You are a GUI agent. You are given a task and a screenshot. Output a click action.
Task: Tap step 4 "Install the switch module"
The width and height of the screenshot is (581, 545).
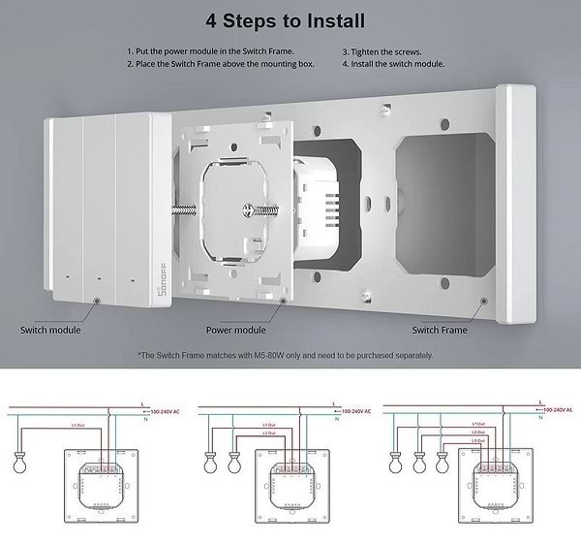(393, 64)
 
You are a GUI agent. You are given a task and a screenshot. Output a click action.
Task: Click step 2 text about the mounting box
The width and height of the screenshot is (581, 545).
(226, 64)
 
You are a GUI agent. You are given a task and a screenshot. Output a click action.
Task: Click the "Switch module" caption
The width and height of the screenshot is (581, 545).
(51, 330)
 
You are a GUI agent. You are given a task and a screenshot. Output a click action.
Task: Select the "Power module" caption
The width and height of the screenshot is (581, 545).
(235, 330)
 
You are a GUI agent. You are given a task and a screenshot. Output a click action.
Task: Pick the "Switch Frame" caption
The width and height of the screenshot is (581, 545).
(440, 330)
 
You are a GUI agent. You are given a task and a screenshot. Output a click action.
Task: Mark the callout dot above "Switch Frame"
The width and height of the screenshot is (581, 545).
(481, 302)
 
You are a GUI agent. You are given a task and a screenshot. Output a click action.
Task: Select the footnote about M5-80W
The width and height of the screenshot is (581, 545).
(285, 355)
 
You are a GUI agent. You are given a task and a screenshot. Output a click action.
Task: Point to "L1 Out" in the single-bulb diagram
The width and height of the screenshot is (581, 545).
(81, 425)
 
